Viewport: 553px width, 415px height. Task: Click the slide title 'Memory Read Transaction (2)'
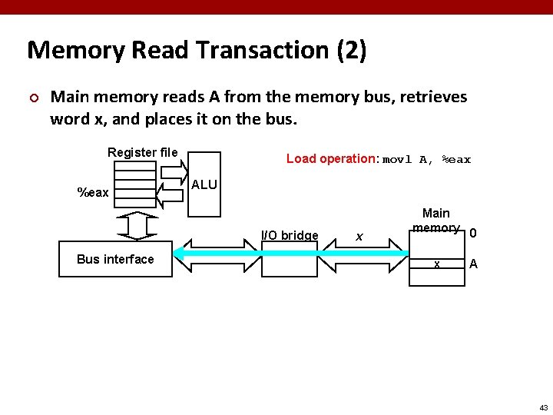197,51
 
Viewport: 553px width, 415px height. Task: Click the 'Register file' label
142,152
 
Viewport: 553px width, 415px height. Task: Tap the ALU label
204,185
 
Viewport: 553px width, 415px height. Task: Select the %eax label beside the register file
94,192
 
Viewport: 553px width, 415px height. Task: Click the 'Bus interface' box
115,259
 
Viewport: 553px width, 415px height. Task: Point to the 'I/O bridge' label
290,235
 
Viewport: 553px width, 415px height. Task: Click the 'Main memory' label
436,220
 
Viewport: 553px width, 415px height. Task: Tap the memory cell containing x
436,264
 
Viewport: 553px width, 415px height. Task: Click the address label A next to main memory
473,264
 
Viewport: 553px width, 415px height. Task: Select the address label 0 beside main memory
473,233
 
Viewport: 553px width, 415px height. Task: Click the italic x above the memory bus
359,236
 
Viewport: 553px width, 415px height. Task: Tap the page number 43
543,407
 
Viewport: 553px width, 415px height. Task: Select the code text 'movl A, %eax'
426,160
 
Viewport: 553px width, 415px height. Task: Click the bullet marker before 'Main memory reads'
32,98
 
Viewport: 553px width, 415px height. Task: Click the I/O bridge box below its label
289,261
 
